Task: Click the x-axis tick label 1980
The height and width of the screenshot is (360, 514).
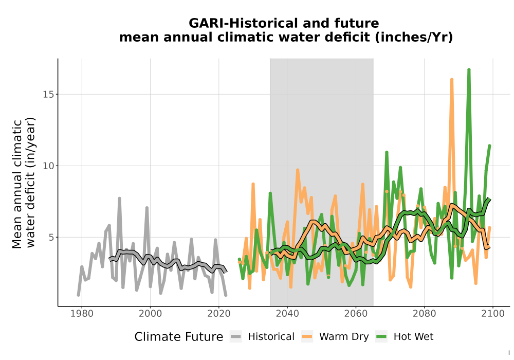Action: coord(82,314)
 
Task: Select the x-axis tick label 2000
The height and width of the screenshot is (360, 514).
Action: coord(150,314)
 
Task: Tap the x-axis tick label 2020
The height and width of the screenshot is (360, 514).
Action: coord(218,314)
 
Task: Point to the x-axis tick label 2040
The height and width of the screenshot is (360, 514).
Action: coord(287,314)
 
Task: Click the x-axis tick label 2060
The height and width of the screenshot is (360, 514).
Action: coord(356,314)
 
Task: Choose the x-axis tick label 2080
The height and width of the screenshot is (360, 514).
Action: coord(424,314)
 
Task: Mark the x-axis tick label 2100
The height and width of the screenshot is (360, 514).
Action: coord(493,314)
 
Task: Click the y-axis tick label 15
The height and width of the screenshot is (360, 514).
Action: coord(48,95)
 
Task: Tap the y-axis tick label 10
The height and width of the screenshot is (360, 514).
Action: coord(48,166)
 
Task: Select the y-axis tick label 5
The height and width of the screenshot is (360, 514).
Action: coord(51,238)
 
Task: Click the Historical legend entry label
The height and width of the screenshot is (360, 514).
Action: coord(271,337)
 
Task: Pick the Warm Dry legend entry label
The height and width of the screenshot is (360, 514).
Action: coord(344,337)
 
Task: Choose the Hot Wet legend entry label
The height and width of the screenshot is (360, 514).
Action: coord(413,337)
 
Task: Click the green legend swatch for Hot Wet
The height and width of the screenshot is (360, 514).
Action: coord(381,336)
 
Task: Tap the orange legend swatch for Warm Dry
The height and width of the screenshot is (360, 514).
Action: coord(307,336)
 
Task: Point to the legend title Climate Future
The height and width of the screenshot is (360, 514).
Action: coord(179,337)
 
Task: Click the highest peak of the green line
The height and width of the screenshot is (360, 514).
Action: coord(469,70)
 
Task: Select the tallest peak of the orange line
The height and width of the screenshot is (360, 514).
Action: coord(452,80)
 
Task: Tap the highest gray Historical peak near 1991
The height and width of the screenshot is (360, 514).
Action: coord(120,199)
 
